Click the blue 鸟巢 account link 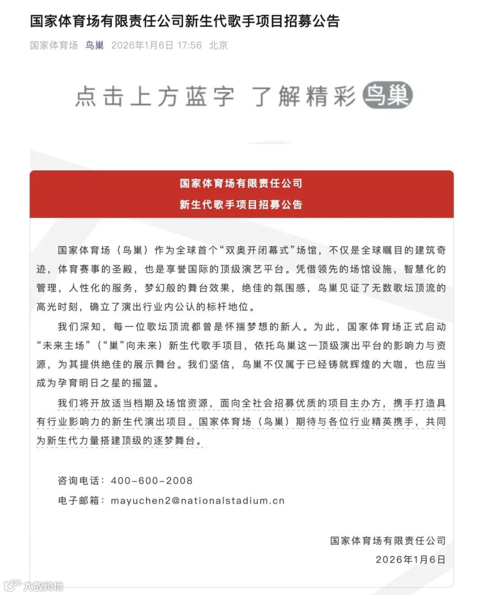coord(95,45)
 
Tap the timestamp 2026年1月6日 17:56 coord(156,45)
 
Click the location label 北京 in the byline coord(218,45)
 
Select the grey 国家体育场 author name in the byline coord(54,45)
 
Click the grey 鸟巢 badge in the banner coord(388,96)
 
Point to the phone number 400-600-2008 coord(152,481)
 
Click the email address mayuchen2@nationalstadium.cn coord(198,500)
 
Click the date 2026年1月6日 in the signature coord(410,559)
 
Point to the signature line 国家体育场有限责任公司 coord(388,540)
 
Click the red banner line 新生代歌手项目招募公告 coord(241,205)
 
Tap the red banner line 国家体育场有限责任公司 coord(241,183)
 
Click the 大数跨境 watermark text coord(43,586)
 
